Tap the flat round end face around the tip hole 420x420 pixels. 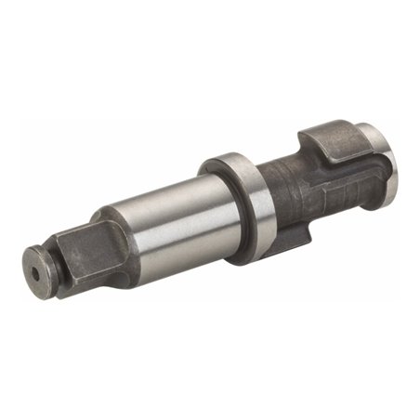tap(35, 267)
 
